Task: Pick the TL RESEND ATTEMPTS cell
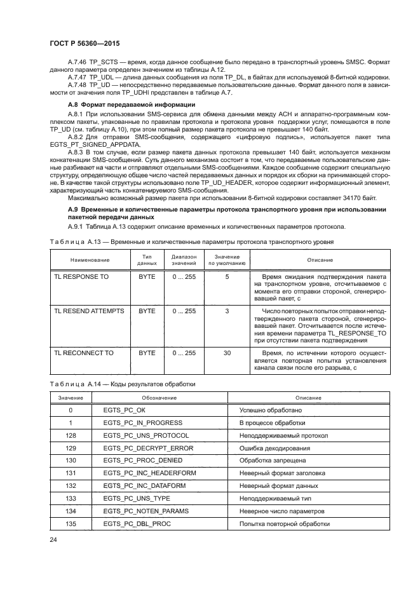(x=90, y=311)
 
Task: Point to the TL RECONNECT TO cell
(x=84, y=351)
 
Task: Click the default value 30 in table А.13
(x=227, y=351)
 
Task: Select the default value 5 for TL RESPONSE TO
(x=227, y=277)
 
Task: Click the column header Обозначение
(x=159, y=397)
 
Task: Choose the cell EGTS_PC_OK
(x=124, y=410)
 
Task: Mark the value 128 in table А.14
(x=71, y=435)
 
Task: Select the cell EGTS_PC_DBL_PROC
(x=137, y=524)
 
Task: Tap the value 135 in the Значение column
(x=71, y=524)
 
